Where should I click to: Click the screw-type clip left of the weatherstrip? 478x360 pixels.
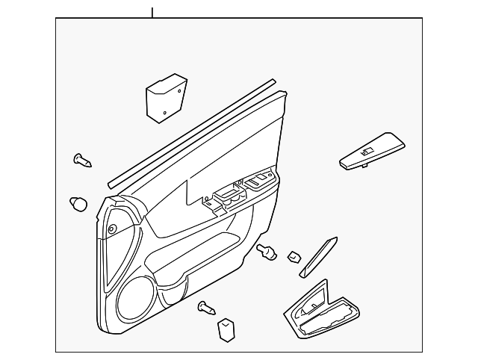tap(81, 158)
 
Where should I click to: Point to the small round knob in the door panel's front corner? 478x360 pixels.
tap(111, 229)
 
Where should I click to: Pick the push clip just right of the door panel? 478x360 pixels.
tap(264, 252)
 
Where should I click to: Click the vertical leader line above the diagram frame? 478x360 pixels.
tap(152, 12)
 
